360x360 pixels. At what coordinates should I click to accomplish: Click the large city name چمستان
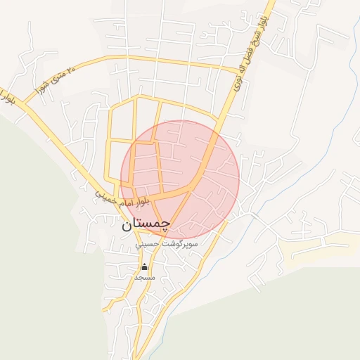tap(146, 225)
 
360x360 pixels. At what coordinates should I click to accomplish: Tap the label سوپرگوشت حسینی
tap(168, 245)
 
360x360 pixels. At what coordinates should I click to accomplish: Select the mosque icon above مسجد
tap(145, 266)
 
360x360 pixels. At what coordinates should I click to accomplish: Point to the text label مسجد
tap(144, 278)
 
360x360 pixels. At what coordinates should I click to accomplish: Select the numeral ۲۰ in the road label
tap(69, 72)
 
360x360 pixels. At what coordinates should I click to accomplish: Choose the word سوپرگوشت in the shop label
tap(181, 245)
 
